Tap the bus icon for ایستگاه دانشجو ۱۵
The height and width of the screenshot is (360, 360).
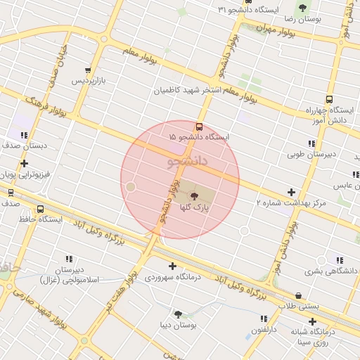200,127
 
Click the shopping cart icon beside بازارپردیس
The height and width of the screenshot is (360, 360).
88,70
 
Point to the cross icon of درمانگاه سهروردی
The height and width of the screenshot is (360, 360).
172,266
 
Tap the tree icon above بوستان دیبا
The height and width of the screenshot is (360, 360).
178,314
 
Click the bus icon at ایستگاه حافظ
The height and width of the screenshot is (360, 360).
40,209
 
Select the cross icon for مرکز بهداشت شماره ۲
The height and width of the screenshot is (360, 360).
291,192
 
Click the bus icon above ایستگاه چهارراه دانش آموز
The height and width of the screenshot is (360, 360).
328,100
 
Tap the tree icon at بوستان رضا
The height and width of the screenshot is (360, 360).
302,8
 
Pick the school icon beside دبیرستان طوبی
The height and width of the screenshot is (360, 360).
311,143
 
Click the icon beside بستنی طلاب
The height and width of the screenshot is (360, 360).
300,295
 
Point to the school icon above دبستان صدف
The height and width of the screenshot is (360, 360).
24,135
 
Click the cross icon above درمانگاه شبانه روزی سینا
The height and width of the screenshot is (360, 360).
312,321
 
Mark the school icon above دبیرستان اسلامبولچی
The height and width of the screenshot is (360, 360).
69,259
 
